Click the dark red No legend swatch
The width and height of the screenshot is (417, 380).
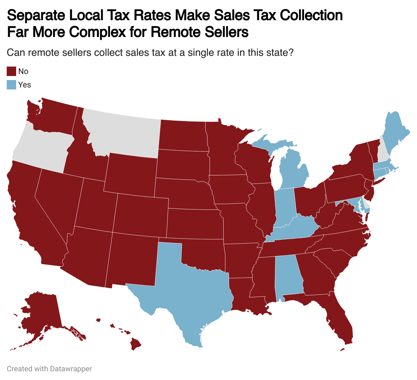11,71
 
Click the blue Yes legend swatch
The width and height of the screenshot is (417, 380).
11,85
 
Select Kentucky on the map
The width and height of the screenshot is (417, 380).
296,229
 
